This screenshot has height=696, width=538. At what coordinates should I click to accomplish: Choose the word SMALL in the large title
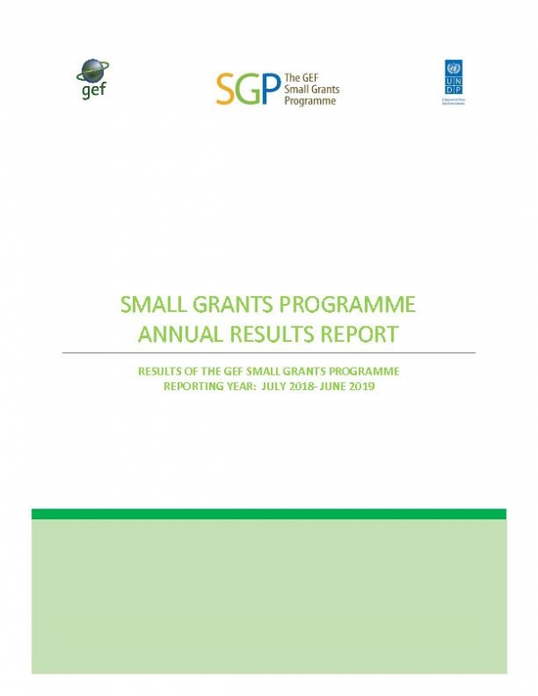[158, 305]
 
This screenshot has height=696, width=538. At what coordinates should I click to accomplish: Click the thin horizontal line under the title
[268, 353]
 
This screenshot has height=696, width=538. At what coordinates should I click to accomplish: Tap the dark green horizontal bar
[268, 514]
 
